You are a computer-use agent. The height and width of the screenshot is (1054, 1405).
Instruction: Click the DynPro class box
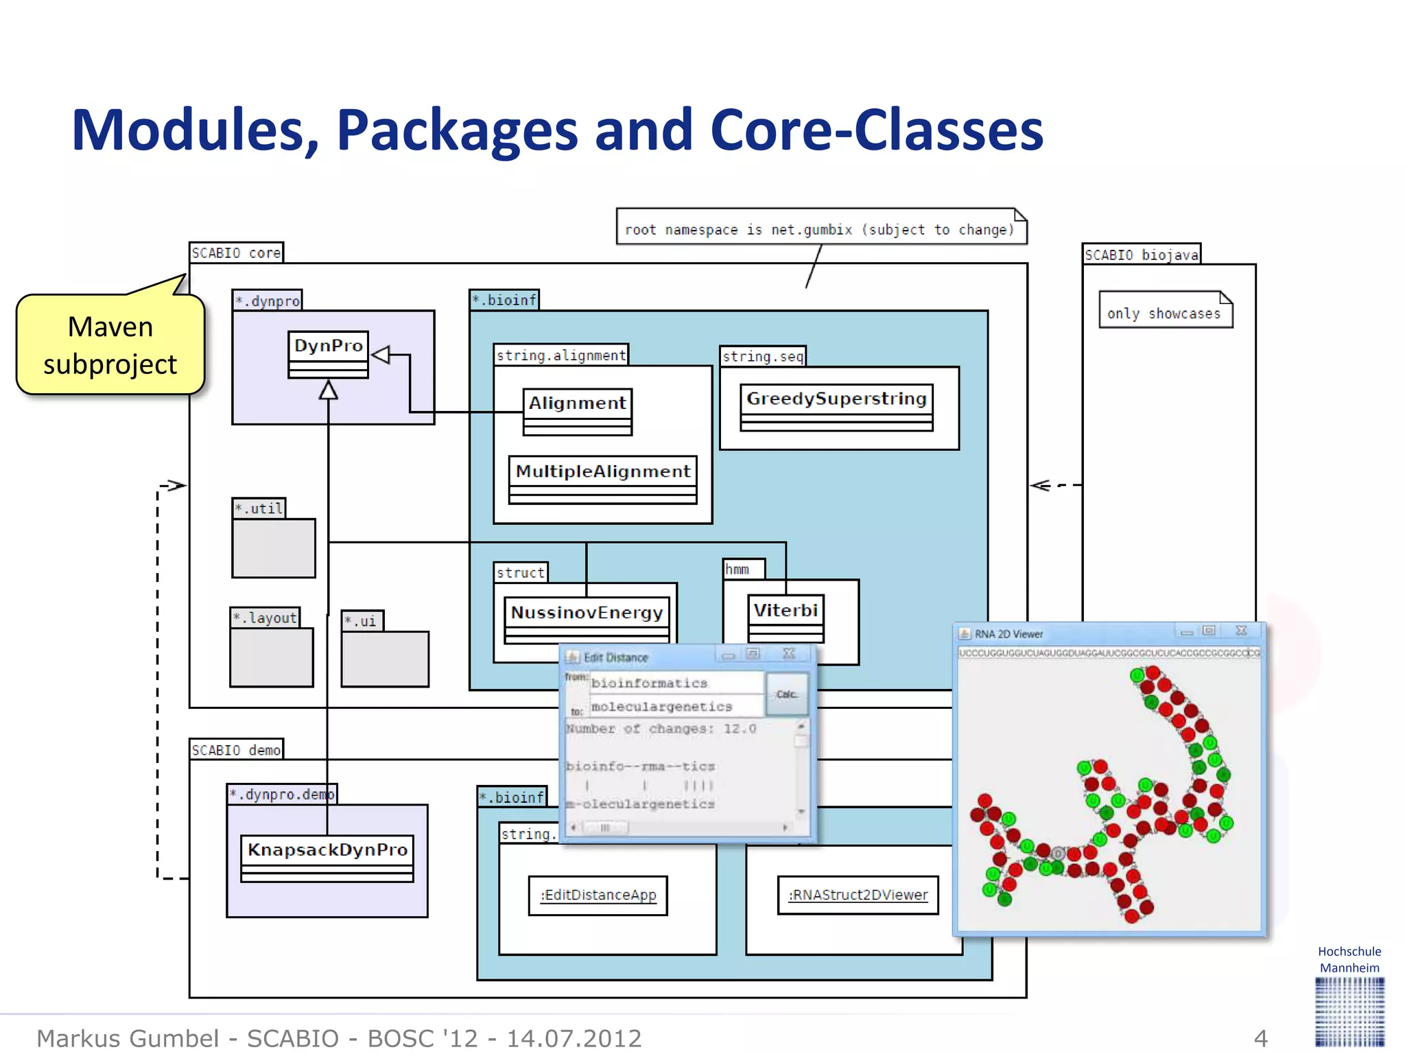328,353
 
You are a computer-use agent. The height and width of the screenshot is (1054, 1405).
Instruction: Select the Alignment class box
577,411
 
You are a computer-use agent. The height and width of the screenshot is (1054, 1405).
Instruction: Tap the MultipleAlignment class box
602,479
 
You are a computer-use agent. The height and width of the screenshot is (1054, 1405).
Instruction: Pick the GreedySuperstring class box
836,407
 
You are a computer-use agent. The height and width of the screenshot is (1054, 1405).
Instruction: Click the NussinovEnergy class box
587,620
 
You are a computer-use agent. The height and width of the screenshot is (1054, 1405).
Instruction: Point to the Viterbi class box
786,617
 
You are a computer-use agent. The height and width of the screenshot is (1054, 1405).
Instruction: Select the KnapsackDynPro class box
327,857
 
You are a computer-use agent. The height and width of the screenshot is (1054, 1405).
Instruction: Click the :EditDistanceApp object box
598,895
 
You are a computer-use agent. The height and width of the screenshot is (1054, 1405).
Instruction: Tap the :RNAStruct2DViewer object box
858,895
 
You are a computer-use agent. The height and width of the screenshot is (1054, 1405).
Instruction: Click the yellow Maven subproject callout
110,345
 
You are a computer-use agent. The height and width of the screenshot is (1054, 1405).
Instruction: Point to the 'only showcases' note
1164,313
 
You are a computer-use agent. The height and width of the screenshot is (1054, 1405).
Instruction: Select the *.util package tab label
259,508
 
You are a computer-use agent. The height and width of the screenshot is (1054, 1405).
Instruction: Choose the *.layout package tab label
265,618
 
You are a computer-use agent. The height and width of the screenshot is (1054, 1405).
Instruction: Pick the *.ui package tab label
362,621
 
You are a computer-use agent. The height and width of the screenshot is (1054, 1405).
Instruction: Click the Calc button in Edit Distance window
786,694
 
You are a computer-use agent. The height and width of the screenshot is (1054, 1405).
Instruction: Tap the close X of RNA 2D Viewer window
1241,631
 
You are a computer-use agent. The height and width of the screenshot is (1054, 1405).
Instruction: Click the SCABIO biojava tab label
1141,255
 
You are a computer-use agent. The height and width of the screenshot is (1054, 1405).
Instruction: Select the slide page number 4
1260,1038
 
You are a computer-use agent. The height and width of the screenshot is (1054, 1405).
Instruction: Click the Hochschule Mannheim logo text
1349,959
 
